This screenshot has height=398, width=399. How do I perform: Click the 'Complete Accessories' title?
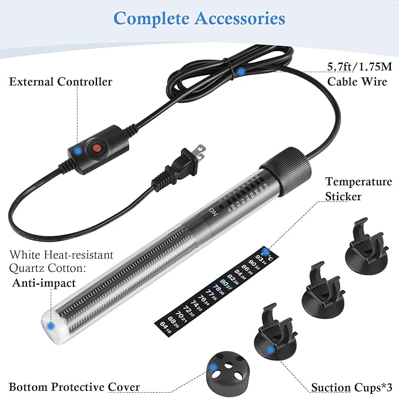[x=199, y=18]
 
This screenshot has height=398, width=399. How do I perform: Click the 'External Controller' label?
[x=61, y=82]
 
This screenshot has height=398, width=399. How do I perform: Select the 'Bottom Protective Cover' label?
[x=74, y=387]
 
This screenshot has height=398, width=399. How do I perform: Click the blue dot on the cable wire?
[x=241, y=72]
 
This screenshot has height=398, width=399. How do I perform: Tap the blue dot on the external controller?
[x=78, y=151]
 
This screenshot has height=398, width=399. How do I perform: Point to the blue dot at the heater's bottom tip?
[x=52, y=325]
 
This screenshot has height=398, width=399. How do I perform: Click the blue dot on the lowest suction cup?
[x=270, y=350]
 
